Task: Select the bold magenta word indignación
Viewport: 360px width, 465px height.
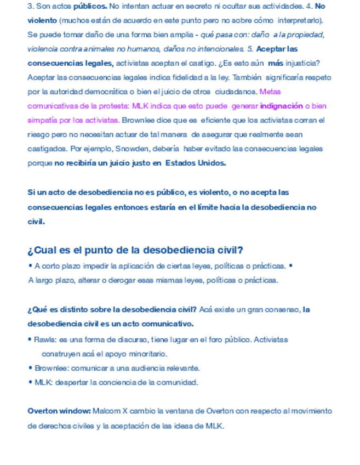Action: (281, 105)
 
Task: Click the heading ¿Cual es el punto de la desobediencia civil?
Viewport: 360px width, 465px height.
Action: (135, 251)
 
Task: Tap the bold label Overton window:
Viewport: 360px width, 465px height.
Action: (59, 411)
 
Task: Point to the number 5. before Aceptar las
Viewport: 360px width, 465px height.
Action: (250, 48)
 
